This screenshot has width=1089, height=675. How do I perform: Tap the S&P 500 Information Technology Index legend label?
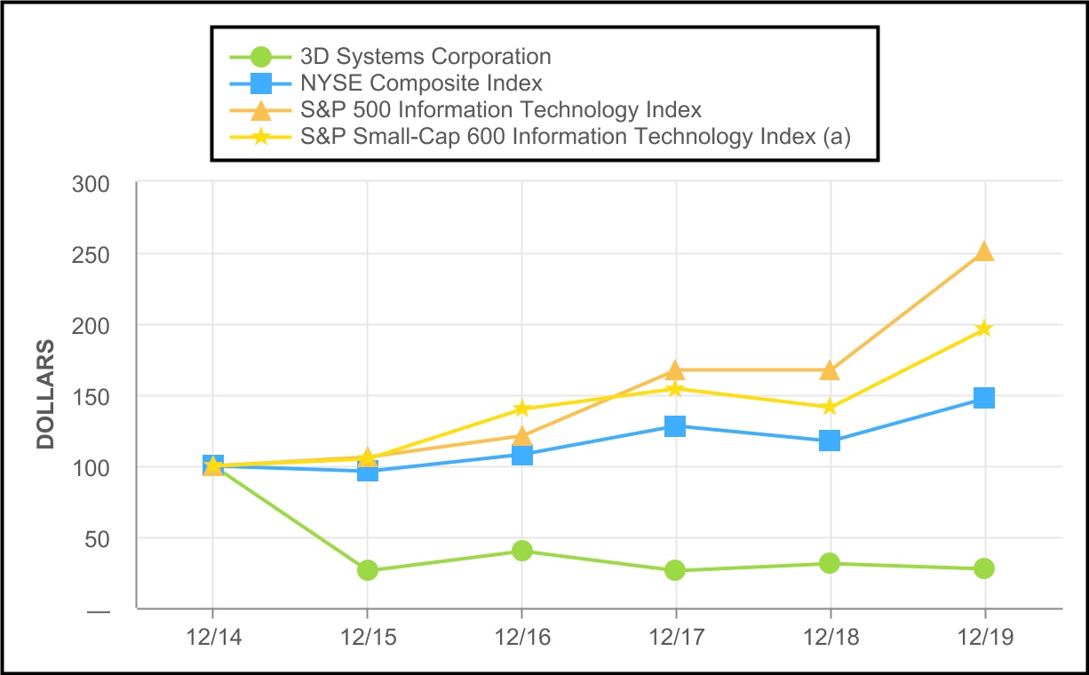pos(500,110)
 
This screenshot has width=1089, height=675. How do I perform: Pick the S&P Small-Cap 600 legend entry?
pos(575,137)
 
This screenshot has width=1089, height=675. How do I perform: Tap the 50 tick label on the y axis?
pos(99,538)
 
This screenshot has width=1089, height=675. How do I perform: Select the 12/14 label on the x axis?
pos(212,638)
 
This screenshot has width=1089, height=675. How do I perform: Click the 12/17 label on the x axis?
pos(676,638)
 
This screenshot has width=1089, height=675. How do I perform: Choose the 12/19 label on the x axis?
pos(984,638)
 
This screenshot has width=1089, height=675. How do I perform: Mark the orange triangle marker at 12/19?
pos(984,252)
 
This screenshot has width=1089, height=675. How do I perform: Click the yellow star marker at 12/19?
pos(984,329)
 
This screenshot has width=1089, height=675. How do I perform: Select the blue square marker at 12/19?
pos(984,398)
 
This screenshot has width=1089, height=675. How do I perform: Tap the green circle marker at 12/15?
pos(368,570)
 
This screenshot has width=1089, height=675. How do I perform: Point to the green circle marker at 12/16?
pos(522,551)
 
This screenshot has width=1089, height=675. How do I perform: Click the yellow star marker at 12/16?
pos(522,409)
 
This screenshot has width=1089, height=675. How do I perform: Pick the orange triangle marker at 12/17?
pos(676,370)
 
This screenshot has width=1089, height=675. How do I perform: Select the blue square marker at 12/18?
pos(830,441)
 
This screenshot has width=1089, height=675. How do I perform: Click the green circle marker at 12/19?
pos(984,568)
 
